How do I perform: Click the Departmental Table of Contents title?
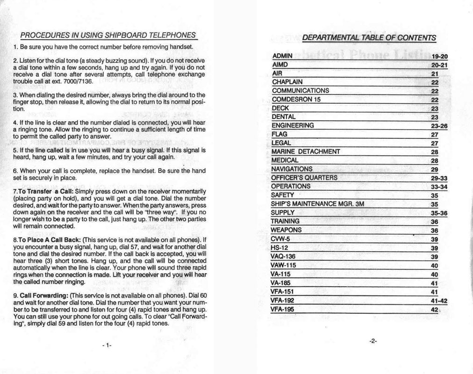coord(369,38)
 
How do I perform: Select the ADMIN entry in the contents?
coord(282,56)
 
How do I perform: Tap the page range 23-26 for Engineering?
coord(439,125)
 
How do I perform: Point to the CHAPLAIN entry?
coord(288,82)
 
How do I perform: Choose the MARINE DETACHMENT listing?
coord(306,151)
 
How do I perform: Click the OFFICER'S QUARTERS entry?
coord(304,177)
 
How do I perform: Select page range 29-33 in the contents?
coord(439,178)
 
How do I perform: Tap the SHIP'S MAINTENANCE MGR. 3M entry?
coord(317,204)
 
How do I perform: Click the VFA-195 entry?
coord(282,309)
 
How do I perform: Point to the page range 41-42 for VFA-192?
coord(439,301)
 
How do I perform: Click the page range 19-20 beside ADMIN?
coord(439,57)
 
